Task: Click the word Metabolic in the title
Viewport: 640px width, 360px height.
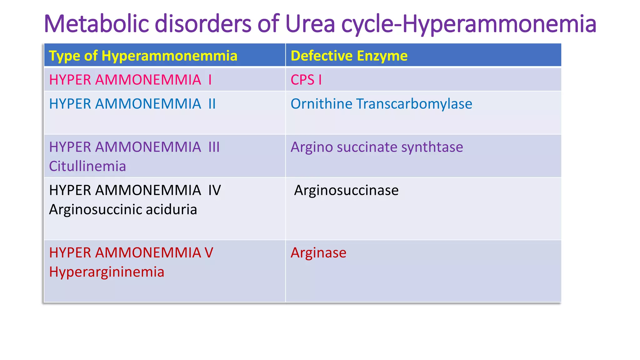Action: [97, 24]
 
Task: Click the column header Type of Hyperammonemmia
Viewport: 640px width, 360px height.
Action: [143, 56]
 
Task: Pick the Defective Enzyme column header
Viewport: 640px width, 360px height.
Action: [349, 56]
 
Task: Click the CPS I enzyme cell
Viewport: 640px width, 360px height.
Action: [306, 80]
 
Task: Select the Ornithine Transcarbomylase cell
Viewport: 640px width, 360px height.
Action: [381, 104]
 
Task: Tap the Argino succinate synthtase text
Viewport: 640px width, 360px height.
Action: [377, 147]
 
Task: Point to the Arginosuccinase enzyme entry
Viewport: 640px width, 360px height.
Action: [346, 190]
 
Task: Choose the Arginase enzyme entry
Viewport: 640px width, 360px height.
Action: [318, 253]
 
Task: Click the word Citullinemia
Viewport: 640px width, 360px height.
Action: [87, 166]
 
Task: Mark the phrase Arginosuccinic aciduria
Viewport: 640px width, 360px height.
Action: [123, 210]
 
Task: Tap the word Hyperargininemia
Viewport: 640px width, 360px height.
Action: [107, 272]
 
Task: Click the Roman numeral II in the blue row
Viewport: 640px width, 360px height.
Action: [212, 104]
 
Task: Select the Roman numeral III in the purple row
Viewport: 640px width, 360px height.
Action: [214, 147]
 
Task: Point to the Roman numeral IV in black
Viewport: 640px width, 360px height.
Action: [215, 190]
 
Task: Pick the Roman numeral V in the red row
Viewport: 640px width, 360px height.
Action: [209, 253]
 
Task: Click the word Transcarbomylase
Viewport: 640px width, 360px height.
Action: [414, 104]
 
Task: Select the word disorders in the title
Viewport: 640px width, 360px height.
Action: [203, 24]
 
